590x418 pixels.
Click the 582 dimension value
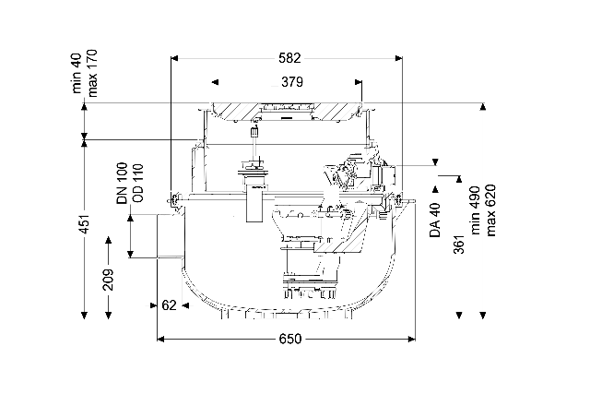289,58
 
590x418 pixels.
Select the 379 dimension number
292,82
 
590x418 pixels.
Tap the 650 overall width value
290,339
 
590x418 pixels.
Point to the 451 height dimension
85,224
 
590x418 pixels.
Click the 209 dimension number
109,280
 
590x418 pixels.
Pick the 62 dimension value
169,305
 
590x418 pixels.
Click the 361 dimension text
459,243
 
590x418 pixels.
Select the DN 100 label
123,184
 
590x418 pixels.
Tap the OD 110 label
137,183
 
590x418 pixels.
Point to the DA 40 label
435,221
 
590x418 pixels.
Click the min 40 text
77,73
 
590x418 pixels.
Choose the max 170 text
91,73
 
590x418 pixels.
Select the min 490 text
476,210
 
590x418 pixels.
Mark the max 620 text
490,210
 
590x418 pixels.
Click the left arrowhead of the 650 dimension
160,340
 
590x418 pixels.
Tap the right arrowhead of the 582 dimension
398,58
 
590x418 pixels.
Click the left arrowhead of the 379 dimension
215,82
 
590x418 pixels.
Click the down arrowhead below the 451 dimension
85,316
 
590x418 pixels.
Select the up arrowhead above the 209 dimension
109,240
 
